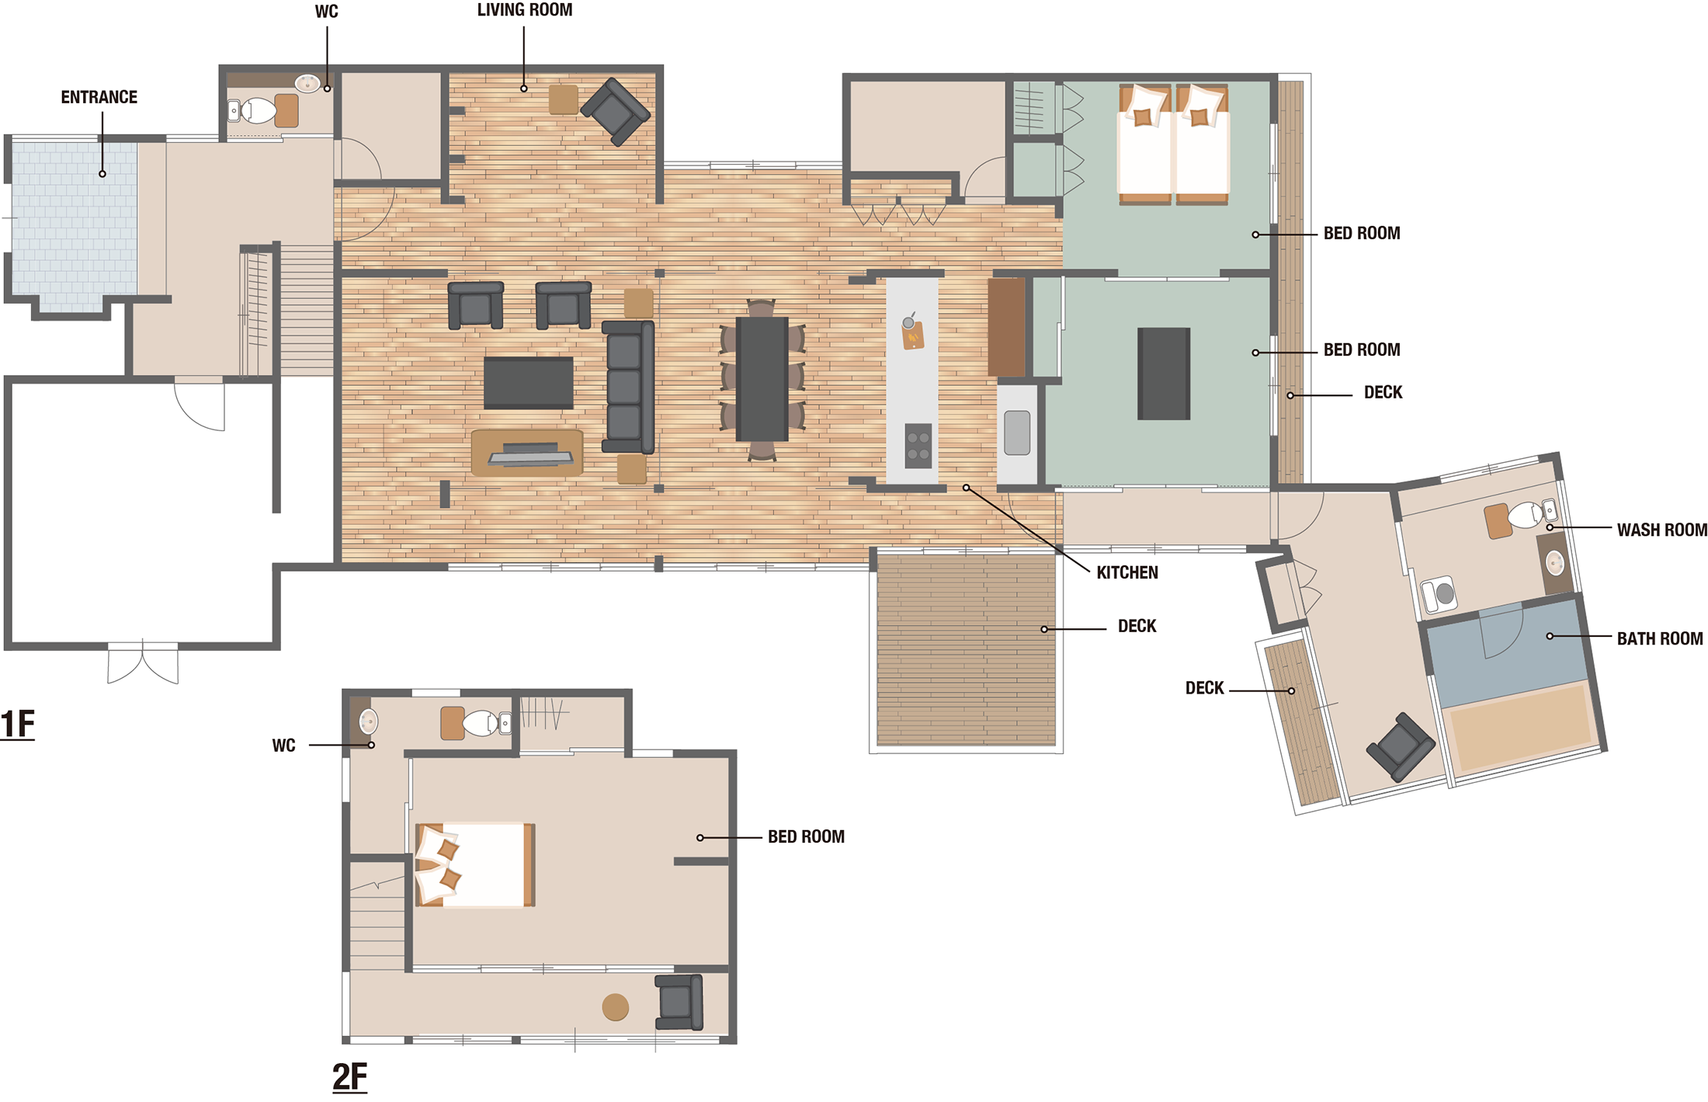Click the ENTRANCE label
click(99, 97)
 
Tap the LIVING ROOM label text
click(525, 10)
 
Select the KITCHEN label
click(1127, 572)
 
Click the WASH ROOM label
click(1662, 530)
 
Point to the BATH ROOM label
click(1660, 638)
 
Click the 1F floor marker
click(18, 724)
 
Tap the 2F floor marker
click(350, 1076)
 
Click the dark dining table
click(762, 379)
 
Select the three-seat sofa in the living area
click(628, 387)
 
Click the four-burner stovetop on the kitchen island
click(918, 446)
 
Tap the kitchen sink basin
click(1017, 433)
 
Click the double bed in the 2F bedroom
click(475, 865)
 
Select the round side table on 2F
click(616, 1007)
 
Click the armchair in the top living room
click(616, 112)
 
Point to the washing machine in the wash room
click(1439, 595)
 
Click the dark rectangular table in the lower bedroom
click(1164, 374)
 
